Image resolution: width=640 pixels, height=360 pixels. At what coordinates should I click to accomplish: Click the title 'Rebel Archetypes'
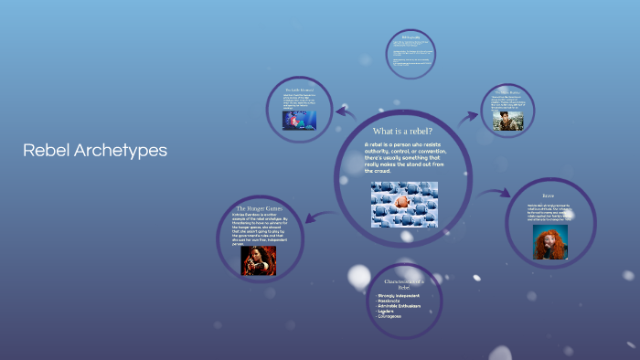tap(95, 151)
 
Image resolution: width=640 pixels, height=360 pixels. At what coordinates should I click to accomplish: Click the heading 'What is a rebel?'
tap(402, 132)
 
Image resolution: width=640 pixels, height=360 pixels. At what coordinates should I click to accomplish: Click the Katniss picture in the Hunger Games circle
tap(258, 260)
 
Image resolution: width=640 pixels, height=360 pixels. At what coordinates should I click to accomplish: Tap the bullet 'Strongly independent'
tap(400, 295)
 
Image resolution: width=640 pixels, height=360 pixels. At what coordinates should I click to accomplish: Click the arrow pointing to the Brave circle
tap(494, 193)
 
